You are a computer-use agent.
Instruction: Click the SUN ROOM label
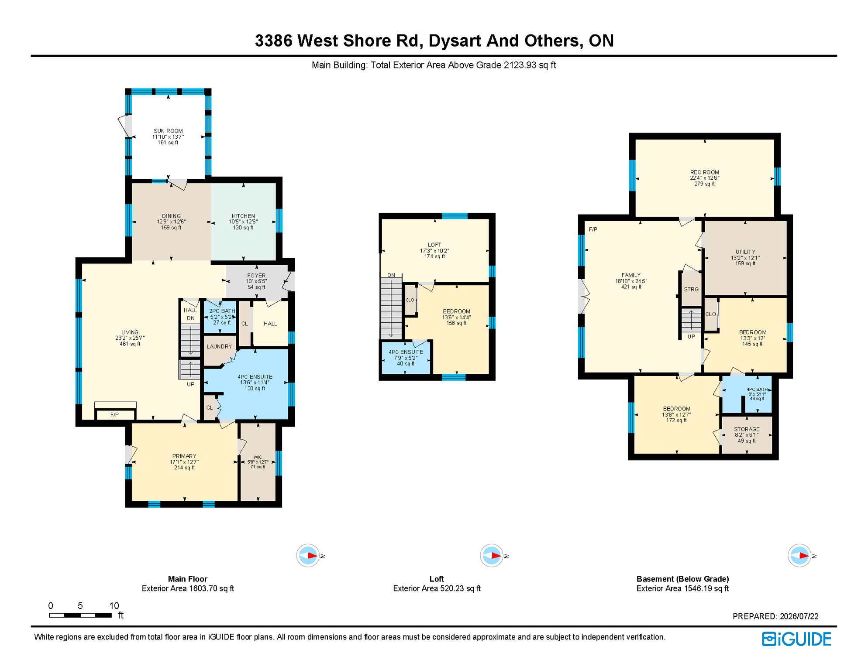tap(168, 131)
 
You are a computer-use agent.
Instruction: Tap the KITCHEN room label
tap(243, 216)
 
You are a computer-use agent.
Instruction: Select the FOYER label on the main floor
tap(256, 276)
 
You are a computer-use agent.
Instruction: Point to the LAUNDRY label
tap(219, 347)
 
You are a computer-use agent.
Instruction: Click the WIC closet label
tap(258, 457)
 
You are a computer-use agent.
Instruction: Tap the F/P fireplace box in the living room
tap(115, 414)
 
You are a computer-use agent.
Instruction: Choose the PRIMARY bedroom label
tap(184, 456)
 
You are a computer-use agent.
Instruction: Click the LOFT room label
tap(434, 245)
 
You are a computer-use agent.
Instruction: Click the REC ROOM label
tap(705, 172)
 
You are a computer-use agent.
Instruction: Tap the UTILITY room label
tap(745, 252)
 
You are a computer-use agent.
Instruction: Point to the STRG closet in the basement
tap(691, 289)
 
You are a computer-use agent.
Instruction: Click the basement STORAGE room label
tap(747, 429)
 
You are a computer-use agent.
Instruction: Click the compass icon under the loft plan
tap(492, 556)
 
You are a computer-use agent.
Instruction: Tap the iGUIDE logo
tap(796, 639)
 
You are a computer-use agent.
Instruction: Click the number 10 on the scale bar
tap(114, 605)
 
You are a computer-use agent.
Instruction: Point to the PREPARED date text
tap(775, 616)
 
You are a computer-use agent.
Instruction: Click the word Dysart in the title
tap(455, 41)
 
